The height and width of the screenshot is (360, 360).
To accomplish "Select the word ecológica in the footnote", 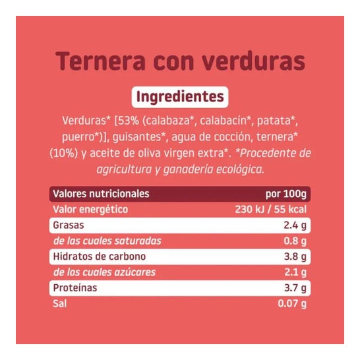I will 237,169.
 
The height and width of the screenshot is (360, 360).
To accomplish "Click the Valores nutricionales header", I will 101,194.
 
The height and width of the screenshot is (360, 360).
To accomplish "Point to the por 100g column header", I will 285,195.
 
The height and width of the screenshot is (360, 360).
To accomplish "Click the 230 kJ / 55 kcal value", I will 271,210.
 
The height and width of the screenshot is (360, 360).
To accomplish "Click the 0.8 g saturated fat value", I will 294,241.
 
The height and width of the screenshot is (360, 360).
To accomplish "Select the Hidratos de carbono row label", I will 99,256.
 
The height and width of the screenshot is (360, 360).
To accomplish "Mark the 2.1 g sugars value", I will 294,272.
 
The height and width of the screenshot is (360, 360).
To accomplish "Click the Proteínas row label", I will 75,287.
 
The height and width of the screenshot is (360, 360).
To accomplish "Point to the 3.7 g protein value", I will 294,288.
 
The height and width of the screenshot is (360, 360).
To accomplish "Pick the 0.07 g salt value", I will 291,303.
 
